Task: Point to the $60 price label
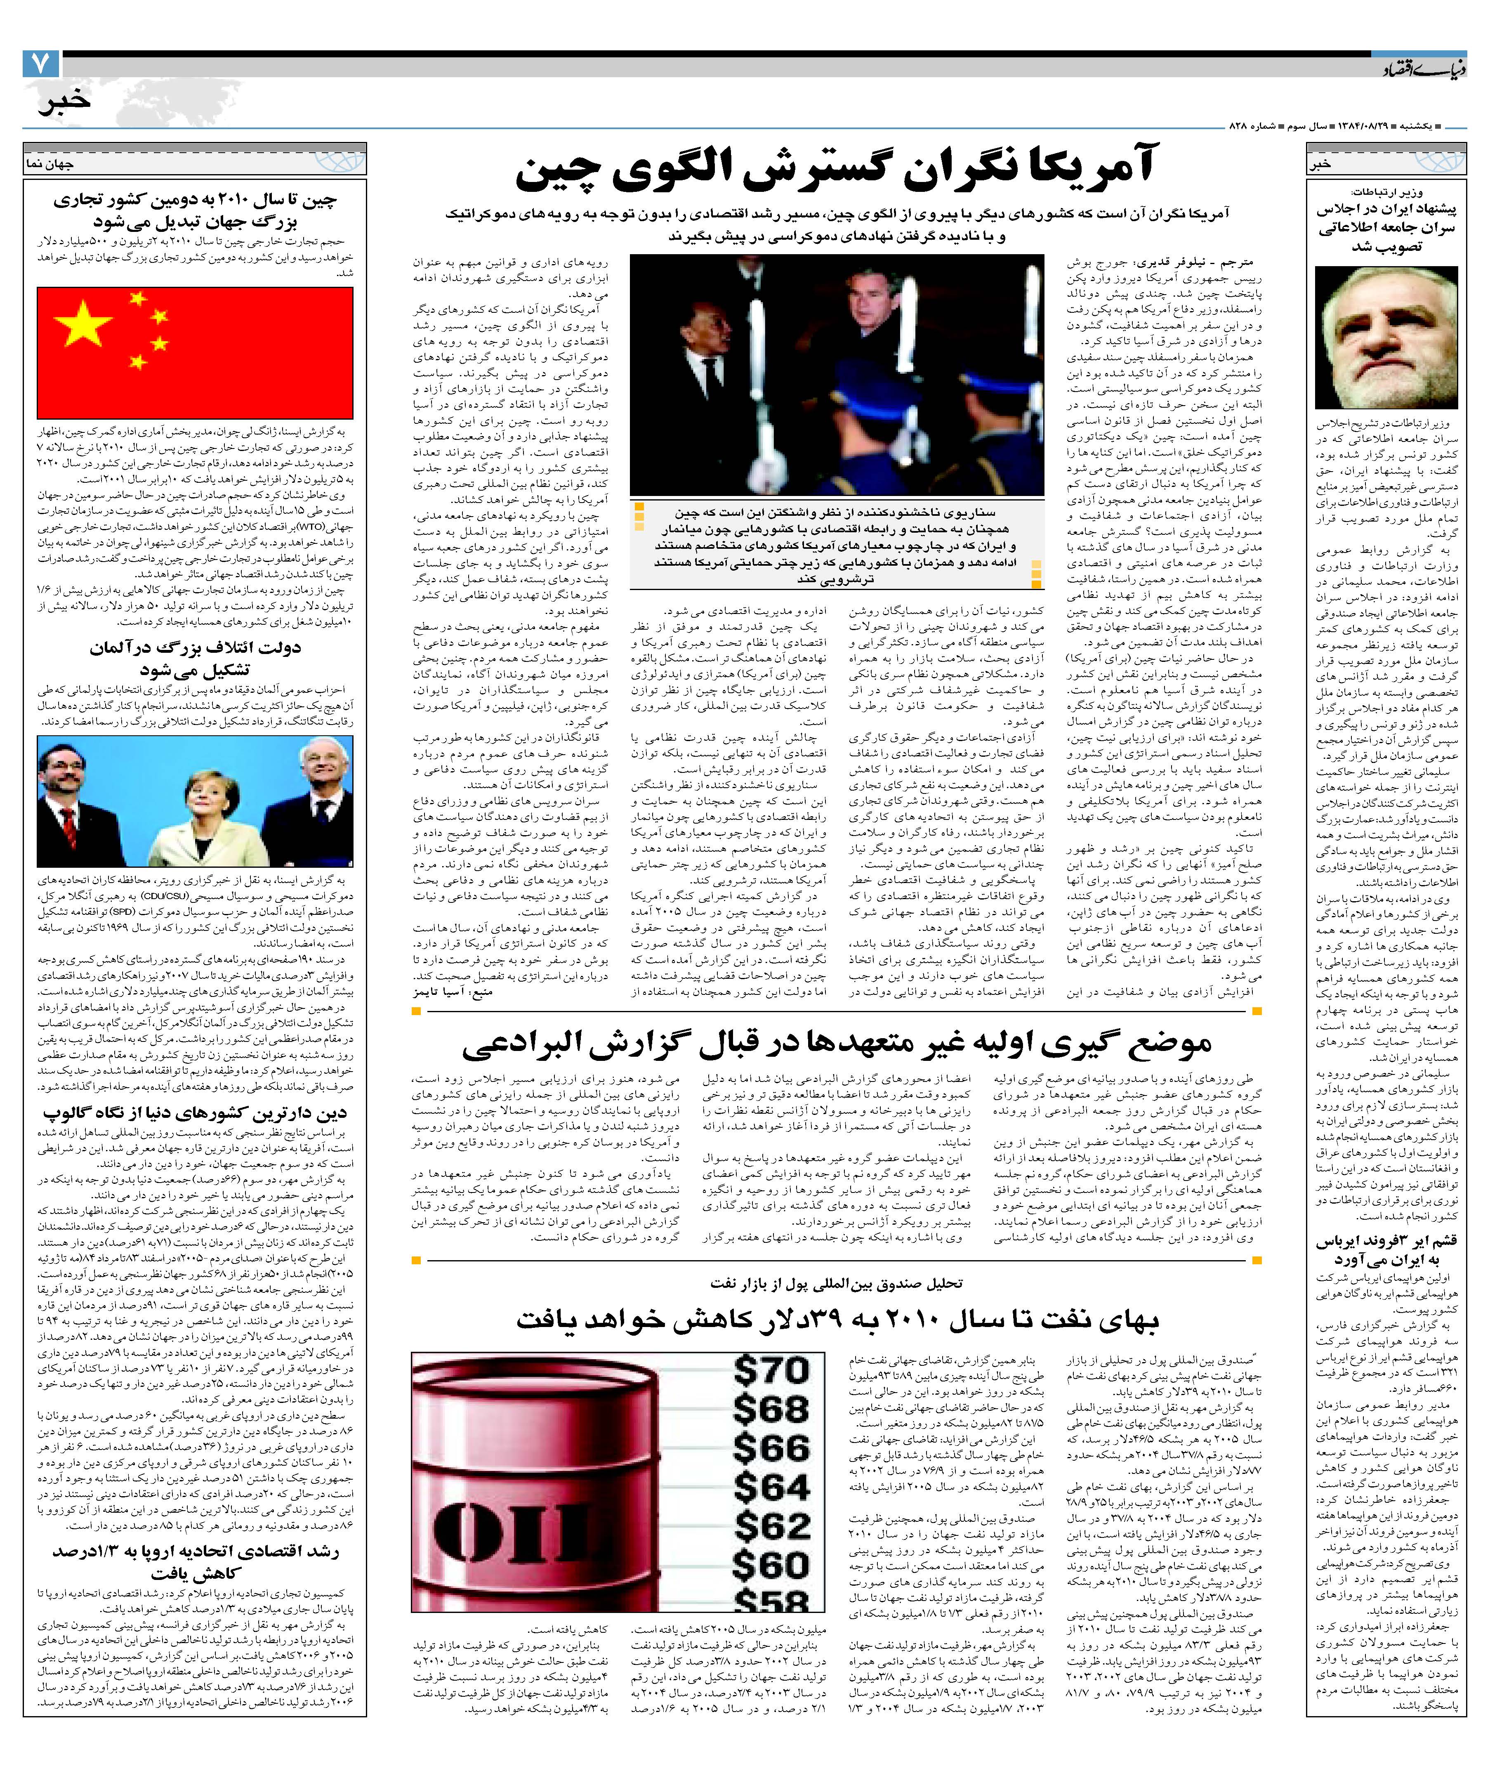(770, 1565)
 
